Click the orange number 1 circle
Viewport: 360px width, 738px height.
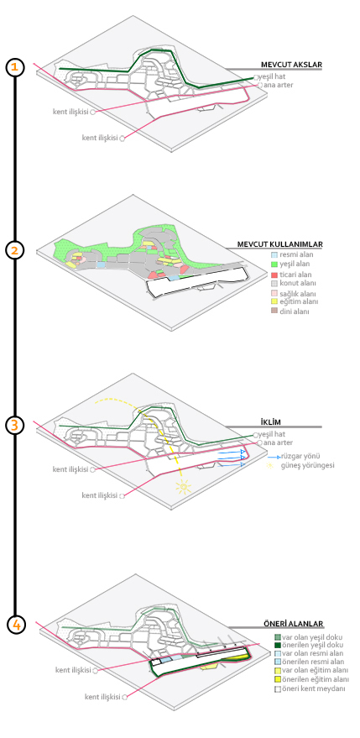pos(14,67)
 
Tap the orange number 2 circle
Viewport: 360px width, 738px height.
pos(14,250)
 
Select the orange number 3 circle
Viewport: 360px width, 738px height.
pos(14,425)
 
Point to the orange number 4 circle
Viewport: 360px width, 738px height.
pos(16,625)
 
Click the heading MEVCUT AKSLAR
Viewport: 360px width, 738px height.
pos(292,65)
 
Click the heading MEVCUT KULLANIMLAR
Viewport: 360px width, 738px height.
pos(279,244)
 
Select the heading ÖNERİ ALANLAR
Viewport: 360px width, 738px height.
pos(293,624)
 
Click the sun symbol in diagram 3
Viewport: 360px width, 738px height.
pos(183,487)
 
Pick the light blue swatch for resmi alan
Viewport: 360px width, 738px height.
pos(274,254)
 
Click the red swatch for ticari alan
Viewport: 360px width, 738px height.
pos(274,275)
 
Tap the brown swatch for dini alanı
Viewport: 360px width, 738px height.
pos(274,311)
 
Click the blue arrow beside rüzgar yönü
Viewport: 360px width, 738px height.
pos(274,457)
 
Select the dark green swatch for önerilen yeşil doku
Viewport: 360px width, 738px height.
pos(278,645)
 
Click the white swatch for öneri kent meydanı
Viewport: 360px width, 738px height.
pos(278,688)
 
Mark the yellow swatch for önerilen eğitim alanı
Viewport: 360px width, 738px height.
pos(278,679)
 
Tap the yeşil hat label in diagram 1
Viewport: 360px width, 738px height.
pos(272,76)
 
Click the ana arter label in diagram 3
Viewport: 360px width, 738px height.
pos(278,443)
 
